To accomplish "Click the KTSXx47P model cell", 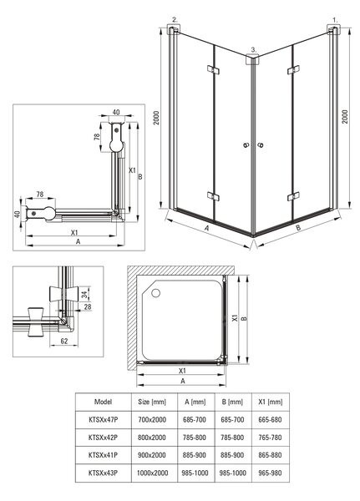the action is point(103,419).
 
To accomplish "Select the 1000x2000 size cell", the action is point(152,473).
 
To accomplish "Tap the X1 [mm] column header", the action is point(271,402).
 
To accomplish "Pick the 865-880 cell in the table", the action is point(270,455).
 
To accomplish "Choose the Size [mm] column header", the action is point(152,402).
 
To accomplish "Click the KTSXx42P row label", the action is point(103,438).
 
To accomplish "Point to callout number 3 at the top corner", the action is point(254,49).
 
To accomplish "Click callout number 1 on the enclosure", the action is point(335,20).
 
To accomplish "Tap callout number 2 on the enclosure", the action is point(175,19).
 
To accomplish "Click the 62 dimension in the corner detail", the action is point(64,341).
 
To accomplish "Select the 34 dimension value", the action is point(84,294).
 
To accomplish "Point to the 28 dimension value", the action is point(87,307).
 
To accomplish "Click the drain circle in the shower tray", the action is point(155,293).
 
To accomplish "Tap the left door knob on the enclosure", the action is point(246,145).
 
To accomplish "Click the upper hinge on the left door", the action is point(213,69).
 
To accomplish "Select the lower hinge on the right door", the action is point(293,196).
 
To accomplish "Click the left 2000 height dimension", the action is point(156,118).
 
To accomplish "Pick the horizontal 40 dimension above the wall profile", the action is point(116,112).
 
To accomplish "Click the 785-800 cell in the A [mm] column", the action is point(195,438).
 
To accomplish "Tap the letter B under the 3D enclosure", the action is point(298,228).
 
